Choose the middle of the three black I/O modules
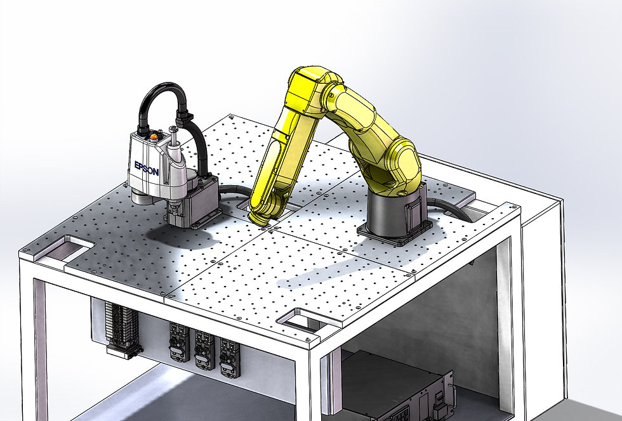[204, 349]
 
